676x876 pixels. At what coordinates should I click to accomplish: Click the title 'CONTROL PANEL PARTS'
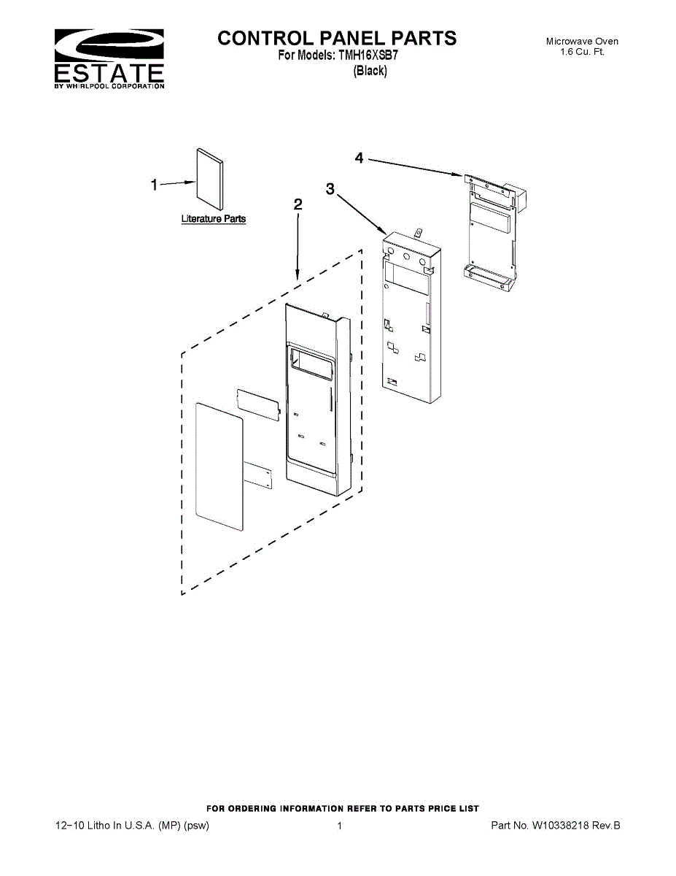(337, 38)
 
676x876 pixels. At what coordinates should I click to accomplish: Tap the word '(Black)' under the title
(370, 71)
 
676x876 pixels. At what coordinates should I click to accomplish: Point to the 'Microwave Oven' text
(582, 42)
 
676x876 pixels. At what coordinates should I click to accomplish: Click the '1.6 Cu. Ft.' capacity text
(582, 52)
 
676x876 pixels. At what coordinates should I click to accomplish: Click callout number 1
(154, 185)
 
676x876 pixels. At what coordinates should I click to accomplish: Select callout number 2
(298, 204)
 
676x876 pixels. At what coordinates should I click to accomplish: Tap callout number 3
(330, 189)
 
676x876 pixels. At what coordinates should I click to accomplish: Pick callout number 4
(360, 158)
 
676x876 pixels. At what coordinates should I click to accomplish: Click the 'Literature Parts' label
(213, 218)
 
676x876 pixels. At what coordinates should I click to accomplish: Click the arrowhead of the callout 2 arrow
(298, 277)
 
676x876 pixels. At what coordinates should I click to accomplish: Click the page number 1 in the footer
(339, 826)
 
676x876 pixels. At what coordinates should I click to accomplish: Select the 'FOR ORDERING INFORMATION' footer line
(343, 808)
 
